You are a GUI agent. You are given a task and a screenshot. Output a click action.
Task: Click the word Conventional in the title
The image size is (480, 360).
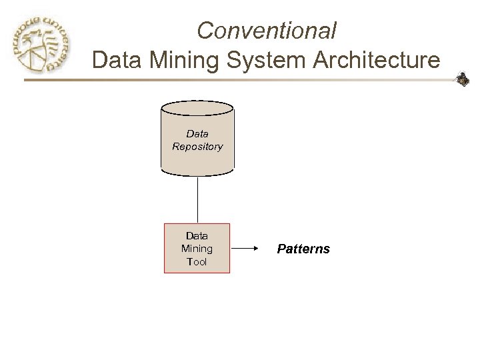click(267, 30)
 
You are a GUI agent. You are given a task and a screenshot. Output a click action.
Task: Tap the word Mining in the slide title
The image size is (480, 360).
click(182, 60)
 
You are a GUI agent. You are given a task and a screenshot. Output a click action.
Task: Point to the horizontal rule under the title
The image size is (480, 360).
click(240, 81)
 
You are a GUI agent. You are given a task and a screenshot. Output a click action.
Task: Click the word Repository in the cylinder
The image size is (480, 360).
click(197, 147)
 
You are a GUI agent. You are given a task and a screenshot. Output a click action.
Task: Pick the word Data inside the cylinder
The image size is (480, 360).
click(197, 135)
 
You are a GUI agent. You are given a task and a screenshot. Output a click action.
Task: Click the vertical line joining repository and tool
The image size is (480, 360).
click(197, 198)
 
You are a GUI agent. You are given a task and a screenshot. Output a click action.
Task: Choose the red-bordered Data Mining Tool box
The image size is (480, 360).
click(197, 248)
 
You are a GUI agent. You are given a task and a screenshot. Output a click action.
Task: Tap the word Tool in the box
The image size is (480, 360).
click(197, 261)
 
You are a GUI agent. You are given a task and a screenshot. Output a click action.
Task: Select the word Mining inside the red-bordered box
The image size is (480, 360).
click(197, 249)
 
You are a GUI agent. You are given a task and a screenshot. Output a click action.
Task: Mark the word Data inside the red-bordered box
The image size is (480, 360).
click(197, 235)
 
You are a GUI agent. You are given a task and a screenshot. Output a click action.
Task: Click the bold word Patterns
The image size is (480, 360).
click(302, 249)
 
